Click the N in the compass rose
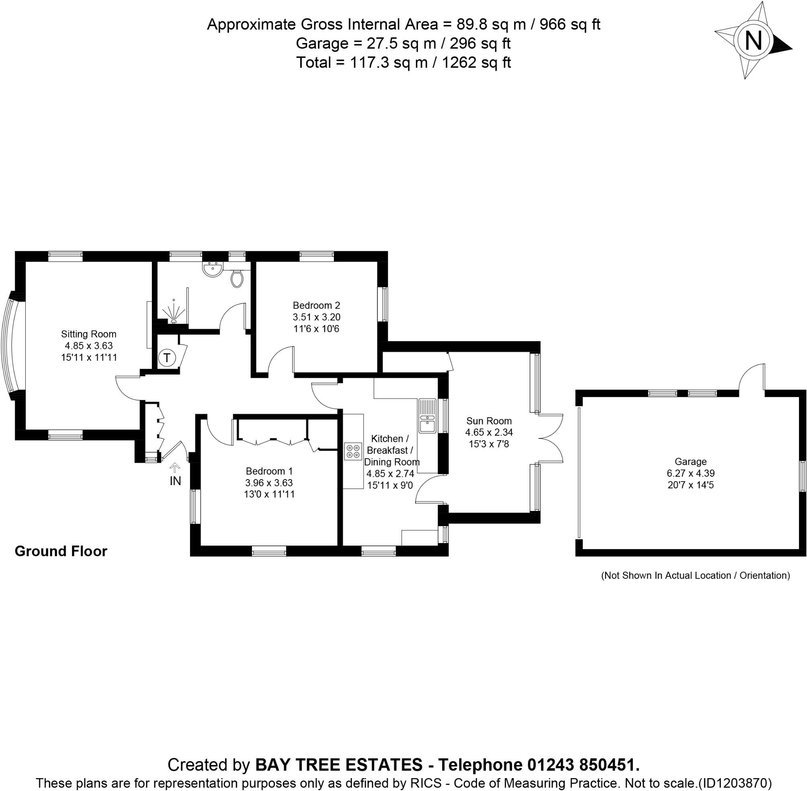click(754, 41)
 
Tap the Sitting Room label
click(88, 334)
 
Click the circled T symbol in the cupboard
click(167, 358)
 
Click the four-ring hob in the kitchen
click(352, 452)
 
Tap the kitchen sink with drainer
click(427, 416)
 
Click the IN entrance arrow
click(175, 469)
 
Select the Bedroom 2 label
click(316, 305)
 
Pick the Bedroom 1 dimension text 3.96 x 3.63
click(269, 483)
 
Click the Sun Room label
click(489, 421)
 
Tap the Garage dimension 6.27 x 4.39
click(690, 473)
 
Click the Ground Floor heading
click(61, 551)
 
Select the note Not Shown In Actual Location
click(695, 576)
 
